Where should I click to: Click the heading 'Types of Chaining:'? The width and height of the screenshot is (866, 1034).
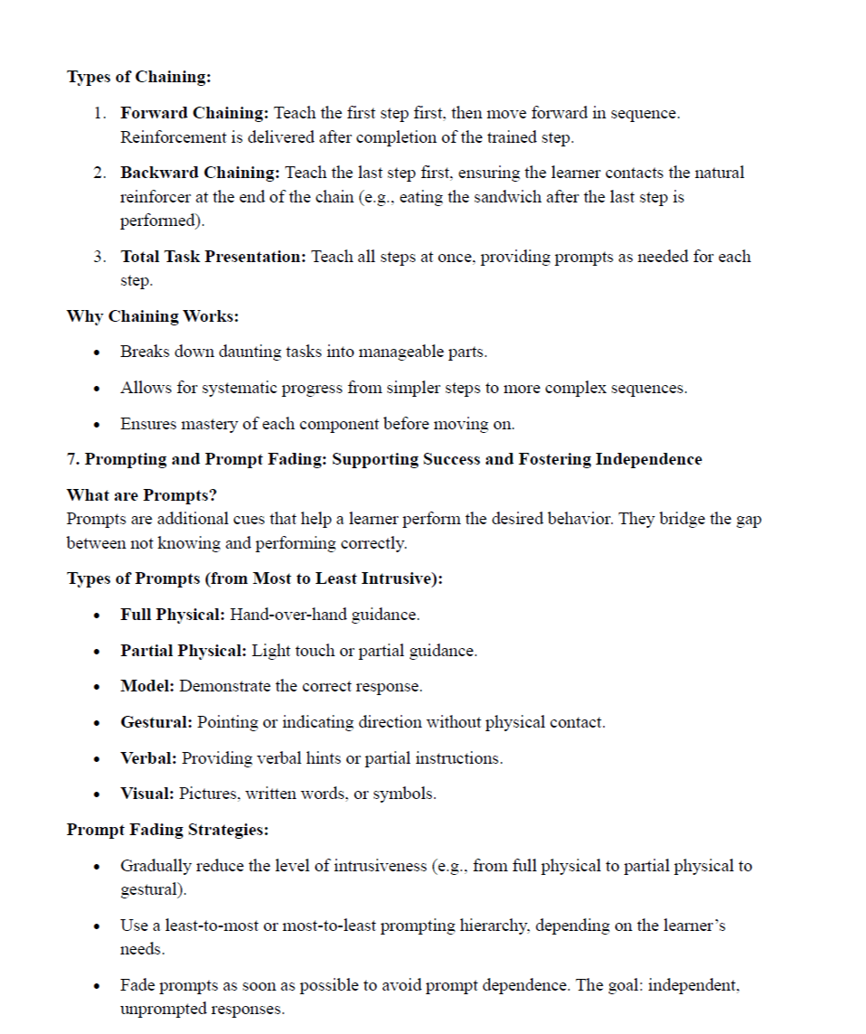[x=138, y=77]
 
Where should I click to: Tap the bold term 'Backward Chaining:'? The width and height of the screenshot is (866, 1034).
[x=200, y=173]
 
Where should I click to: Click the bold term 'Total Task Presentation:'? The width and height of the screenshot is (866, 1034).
[x=213, y=257]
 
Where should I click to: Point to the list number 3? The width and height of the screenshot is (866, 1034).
[x=99, y=257]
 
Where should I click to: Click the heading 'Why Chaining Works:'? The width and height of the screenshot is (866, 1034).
[x=152, y=316]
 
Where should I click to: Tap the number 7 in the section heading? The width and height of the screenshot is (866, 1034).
[x=71, y=459]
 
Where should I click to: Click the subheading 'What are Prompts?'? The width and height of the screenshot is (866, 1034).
[x=142, y=495]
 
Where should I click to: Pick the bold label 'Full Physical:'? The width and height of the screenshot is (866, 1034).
[x=172, y=615]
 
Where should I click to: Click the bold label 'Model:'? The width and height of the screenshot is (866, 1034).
[x=147, y=686]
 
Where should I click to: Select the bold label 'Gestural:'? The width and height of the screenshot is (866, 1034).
[x=156, y=722]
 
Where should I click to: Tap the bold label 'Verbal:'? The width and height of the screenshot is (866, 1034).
[x=148, y=758]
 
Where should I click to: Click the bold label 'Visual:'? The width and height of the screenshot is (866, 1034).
[x=147, y=794]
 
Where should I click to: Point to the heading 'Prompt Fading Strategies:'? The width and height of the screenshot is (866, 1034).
[x=167, y=830]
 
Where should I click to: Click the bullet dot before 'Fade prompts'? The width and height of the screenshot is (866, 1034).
[x=96, y=986]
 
